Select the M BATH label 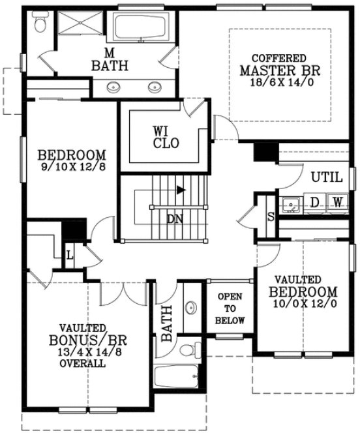[x=109, y=59]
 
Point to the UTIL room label [x=327, y=177]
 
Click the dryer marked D [x=314, y=203]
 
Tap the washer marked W [x=337, y=203]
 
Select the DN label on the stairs [x=174, y=219]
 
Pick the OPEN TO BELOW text [x=230, y=308]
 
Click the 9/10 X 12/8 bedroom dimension [x=71, y=167]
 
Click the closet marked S [x=271, y=217]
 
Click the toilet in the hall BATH [x=187, y=348]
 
